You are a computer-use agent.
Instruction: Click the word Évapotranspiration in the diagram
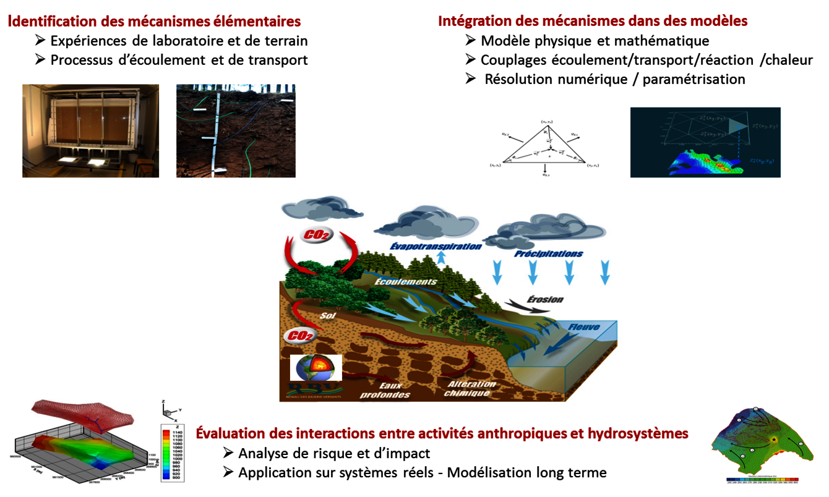436,246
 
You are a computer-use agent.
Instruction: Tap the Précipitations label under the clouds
548,253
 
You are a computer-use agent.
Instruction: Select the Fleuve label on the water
583,326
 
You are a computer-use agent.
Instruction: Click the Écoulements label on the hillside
406,281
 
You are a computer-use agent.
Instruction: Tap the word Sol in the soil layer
327,315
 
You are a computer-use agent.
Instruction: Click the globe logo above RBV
316,368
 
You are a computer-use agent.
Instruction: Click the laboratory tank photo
90,131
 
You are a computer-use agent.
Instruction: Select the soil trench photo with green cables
236,131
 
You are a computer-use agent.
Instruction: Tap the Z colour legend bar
166,451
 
